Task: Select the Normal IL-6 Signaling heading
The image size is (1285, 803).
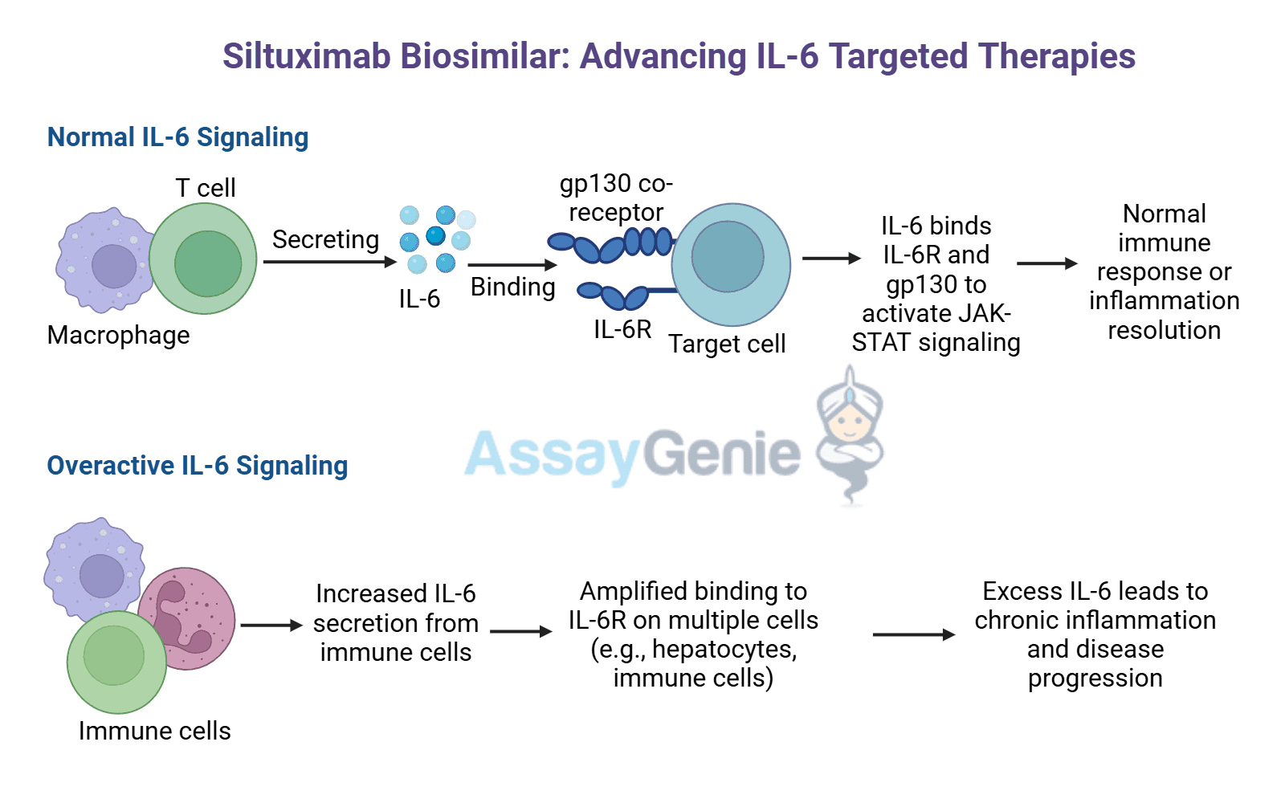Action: [x=177, y=137]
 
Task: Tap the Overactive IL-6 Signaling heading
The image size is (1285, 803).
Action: [x=198, y=466]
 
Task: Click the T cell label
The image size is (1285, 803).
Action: [x=205, y=188]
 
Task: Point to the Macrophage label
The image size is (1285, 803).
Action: [x=119, y=335]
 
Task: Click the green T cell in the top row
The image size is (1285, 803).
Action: [x=204, y=259]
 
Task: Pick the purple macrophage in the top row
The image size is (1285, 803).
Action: [x=104, y=261]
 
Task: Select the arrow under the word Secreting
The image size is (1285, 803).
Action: [x=329, y=262]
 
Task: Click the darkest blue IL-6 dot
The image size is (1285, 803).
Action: [x=435, y=235]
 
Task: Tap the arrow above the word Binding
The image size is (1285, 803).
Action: [x=512, y=264]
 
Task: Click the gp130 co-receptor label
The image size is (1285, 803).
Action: [x=616, y=198]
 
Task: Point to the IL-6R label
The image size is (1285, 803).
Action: [x=622, y=329]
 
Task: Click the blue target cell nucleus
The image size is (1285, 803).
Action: [x=728, y=257]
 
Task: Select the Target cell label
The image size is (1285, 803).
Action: [x=727, y=344]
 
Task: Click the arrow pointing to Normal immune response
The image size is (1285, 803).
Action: [x=1046, y=263]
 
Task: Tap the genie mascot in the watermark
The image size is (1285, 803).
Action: [x=850, y=434]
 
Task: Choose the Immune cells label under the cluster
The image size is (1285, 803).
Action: [x=154, y=731]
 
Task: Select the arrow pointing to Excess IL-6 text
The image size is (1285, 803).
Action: [x=913, y=634]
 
